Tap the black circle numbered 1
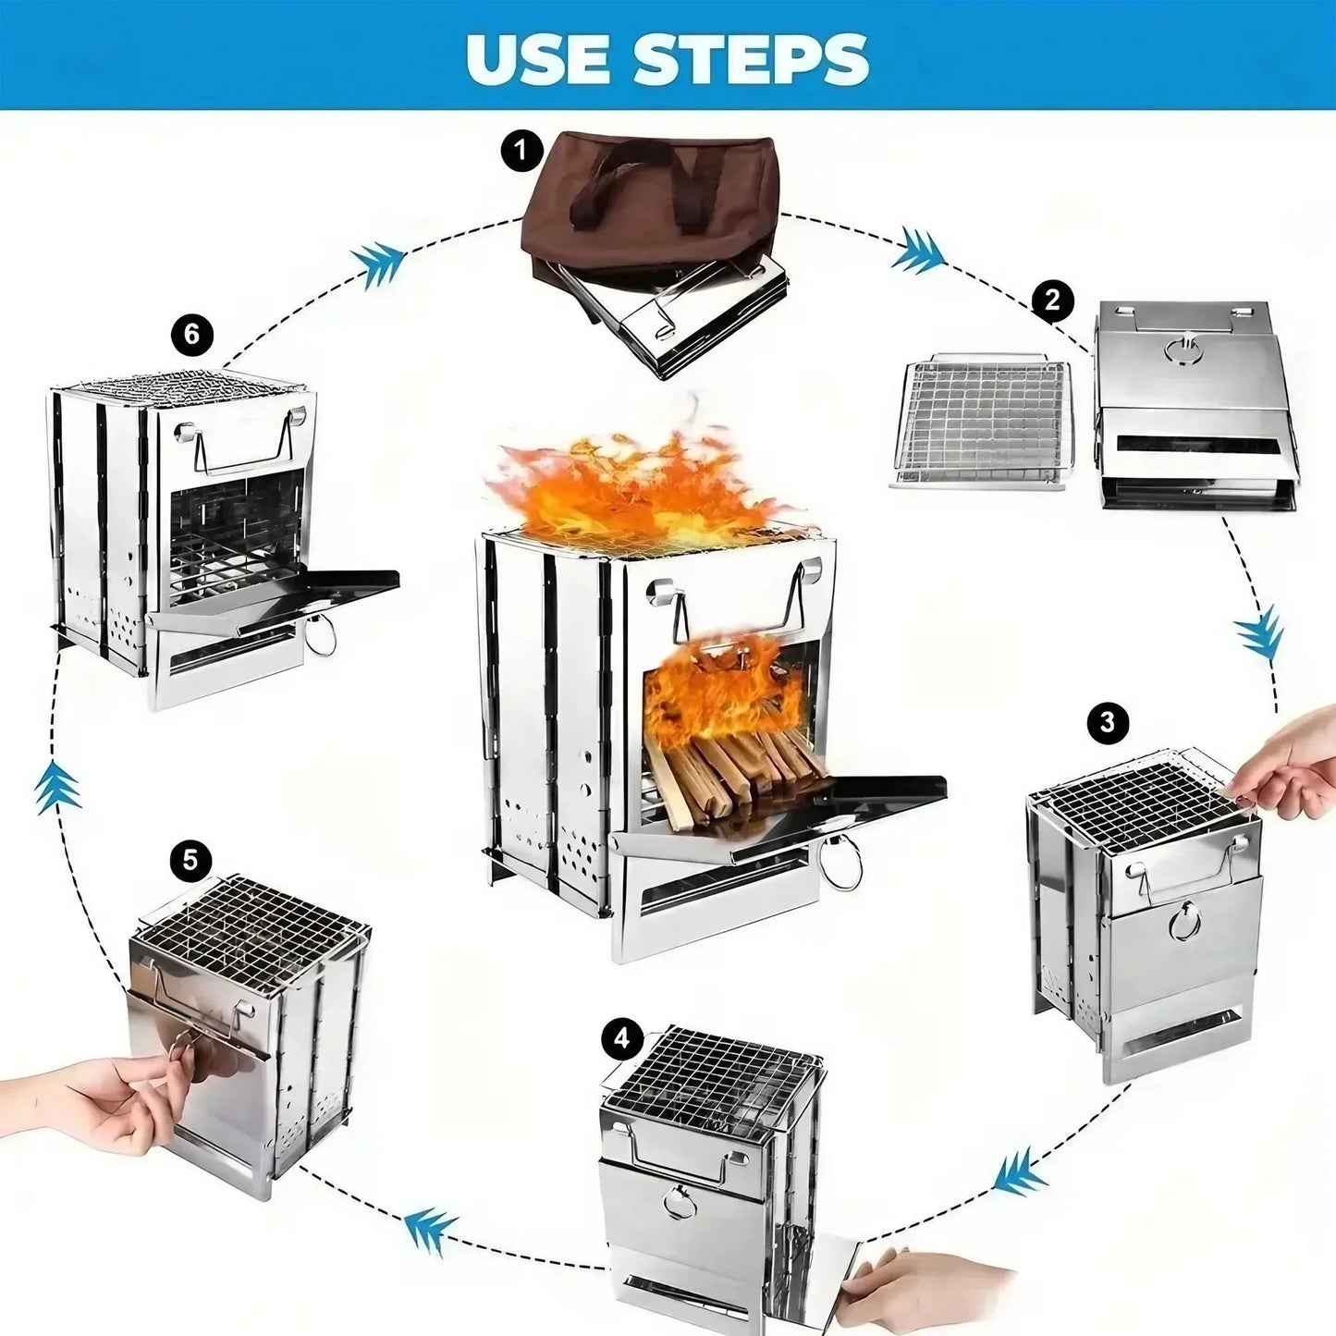522,150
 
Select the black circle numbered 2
1052,300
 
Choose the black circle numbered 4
622,1038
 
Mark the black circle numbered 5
190,860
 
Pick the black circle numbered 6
191,333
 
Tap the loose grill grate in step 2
982,422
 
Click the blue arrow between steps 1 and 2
917,250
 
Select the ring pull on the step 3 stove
1183,922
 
